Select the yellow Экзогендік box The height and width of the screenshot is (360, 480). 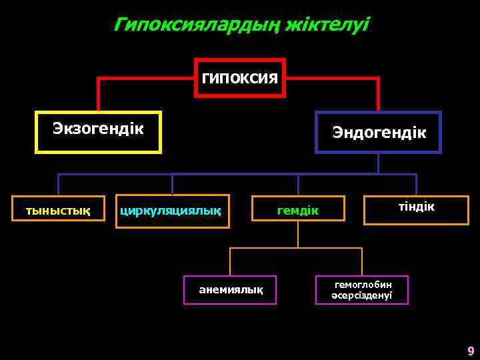[98, 131]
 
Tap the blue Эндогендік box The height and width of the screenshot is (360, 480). [378, 132]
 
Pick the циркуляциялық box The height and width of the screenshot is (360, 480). [172, 211]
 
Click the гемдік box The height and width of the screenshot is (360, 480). [298, 211]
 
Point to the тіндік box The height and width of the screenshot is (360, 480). [416, 209]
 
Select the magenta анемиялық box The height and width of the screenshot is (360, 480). [230, 290]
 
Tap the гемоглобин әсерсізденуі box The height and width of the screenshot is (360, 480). [362, 290]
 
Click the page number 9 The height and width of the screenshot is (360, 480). [471, 351]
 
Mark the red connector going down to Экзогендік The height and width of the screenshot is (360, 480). [99, 93]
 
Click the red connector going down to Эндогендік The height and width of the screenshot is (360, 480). [378, 93]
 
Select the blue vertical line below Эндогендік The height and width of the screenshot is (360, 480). [378, 164]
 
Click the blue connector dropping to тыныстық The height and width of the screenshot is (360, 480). [58, 185]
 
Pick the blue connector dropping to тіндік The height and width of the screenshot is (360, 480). [416, 185]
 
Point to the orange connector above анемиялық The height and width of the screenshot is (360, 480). [230, 261]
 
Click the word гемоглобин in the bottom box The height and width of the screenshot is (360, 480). [363, 285]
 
